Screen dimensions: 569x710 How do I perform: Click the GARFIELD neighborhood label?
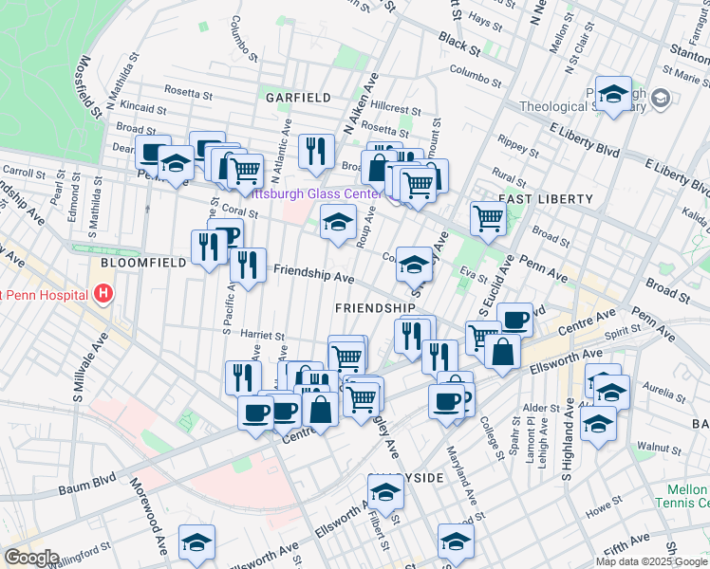click(297, 98)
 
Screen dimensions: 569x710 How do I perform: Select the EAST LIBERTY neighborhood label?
click(545, 199)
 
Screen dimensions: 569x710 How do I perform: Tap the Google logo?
click(30, 558)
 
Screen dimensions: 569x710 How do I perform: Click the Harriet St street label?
click(263, 336)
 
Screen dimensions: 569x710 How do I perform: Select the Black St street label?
click(458, 41)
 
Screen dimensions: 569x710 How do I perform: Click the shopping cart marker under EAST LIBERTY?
click(488, 217)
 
